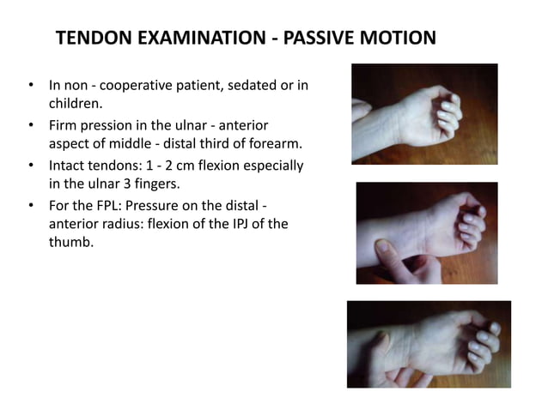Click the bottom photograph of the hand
[x=428, y=343]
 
